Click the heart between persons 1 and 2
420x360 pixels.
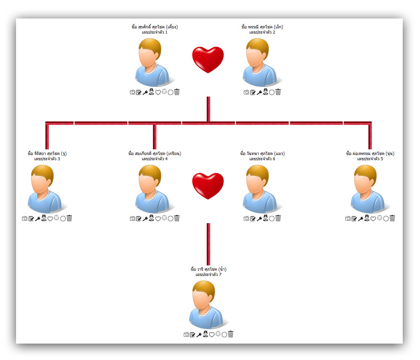[x=208, y=60]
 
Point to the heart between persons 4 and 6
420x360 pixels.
[x=208, y=186]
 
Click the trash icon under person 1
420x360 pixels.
[x=177, y=92]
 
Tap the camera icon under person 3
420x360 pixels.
[x=25, y=219]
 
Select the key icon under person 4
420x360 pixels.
[x=145, y=219]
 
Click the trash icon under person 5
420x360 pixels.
[x=392, y=218]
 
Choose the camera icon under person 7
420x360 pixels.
[x=186, y=334]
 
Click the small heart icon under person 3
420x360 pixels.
[x=50, y=219]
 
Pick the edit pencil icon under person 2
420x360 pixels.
[x=253, y=92]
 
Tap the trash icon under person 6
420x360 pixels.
[x=278, y=218]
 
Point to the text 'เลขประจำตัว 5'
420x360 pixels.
[x=370, y=159]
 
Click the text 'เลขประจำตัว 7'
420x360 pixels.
[x=208, y=274]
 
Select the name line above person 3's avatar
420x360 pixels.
[x=47, y=154]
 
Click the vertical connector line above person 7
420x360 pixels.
[x=208, y=243]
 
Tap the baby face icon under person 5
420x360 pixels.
[x=380, y=218]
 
